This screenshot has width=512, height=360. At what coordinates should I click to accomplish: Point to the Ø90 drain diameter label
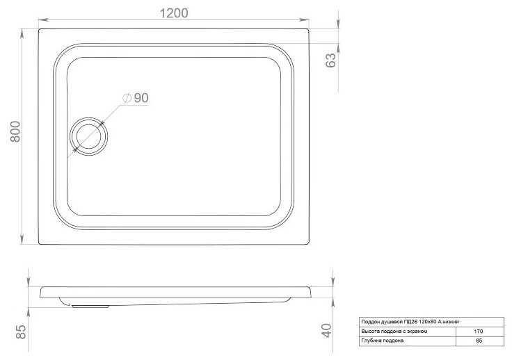point(136,99)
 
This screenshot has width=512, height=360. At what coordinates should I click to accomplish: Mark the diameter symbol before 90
point(127,99)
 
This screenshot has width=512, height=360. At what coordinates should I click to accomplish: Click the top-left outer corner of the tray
point(40,29)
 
